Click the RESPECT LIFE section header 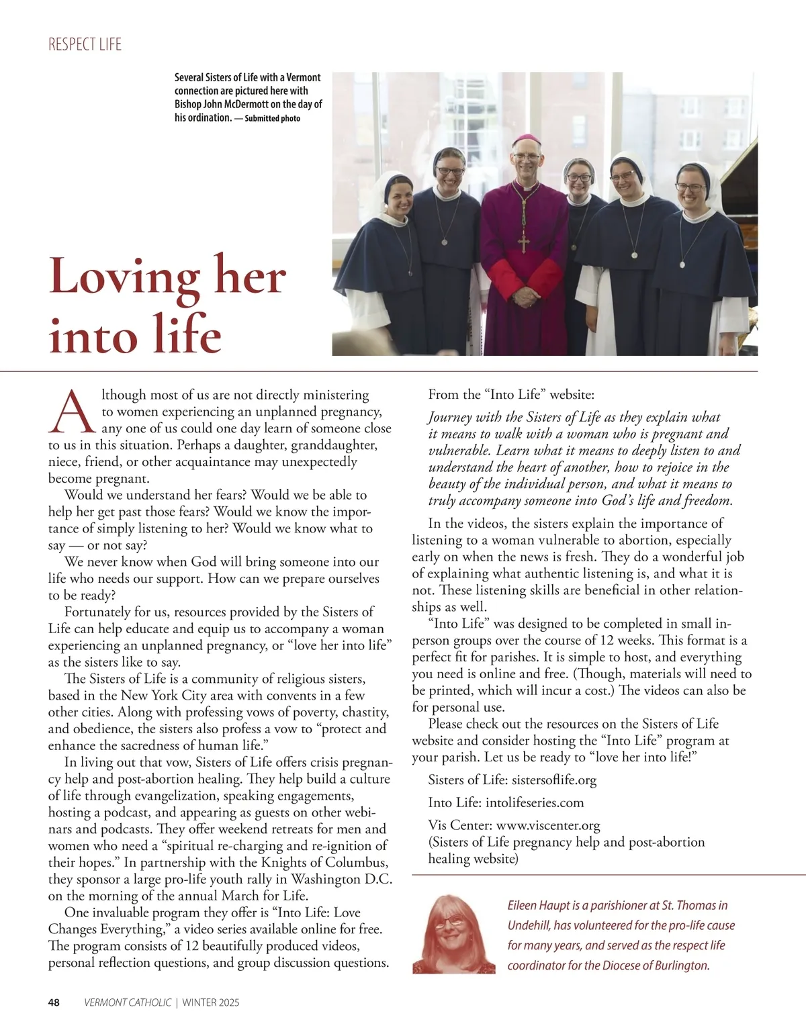(x=85, y=45)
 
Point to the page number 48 (x=54, y=1003)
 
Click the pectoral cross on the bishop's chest (x=523, y=240)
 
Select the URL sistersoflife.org (x=554, y=780)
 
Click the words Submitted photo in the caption (x=272, y=119)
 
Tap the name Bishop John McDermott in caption (x=221, y=105)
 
